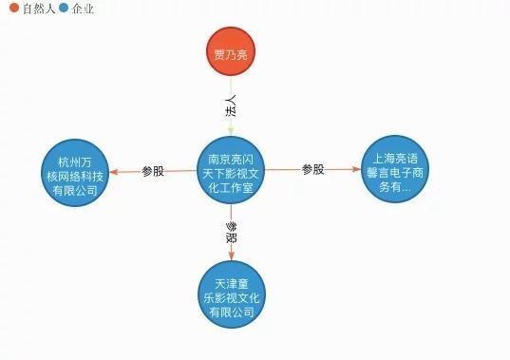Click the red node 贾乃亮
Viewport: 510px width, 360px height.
[x=231, y=54]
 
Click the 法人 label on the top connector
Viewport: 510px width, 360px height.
[x=230, y=105]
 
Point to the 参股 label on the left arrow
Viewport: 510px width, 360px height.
[x=153, y=172]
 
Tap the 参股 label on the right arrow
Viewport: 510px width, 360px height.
[x=313, y=170]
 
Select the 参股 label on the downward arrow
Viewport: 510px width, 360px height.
[x=231, y=233]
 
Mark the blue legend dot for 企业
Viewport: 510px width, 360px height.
[x=64, y=9]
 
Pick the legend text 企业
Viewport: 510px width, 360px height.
[x=83, y=9]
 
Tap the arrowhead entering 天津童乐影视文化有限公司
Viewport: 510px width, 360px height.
[x=232, y=256]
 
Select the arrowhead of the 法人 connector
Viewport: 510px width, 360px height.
[x=231, y=133]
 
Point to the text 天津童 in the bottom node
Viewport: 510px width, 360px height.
[x=232, y=283]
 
